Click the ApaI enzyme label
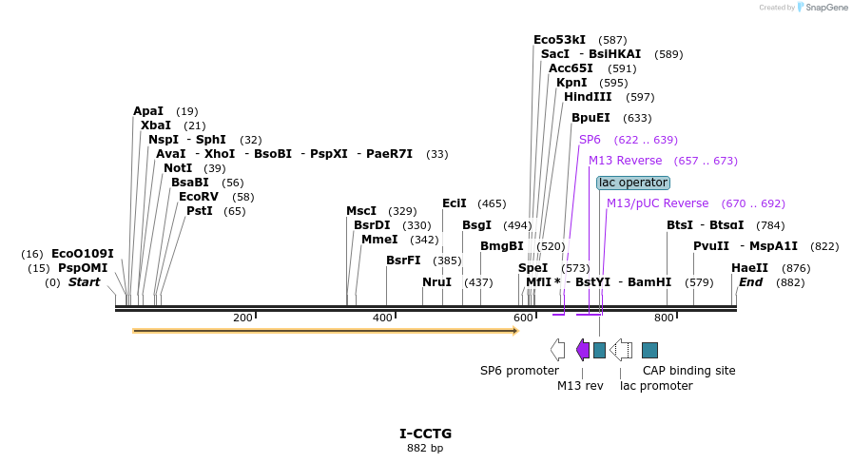pyautogui.click(x=147, y=111)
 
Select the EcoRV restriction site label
pyautogui.click(x=198, y=197)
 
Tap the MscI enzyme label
pyautogui.click(x=361, y=211)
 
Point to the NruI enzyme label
pyautogui.click(x=436, y=282)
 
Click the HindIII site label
pyautogui.click(x=588, y=97)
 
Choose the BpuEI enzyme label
pyautogui.click(x=591, y=118)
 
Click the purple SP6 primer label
pyautogui.click(x=590, y=140)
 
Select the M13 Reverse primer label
pyautogui.click(x=625, y=161)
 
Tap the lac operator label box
pyautogui.click(x=633, y=183)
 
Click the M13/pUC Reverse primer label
pyautogui.click(x=657, y=203)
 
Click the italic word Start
pyautogui.click(x=84, y=282)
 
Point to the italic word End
pyautogui.click(x=751, y=282)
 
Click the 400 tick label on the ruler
pyautogui.click(x=382, y=318)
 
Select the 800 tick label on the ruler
pyautogui.click(x=664, y=318)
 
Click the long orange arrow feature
pyautogui.click(x=324, y=331)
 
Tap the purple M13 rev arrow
pyautogui.click(x=583, y=350)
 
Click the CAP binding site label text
pyautogui.click(x=688, y=371)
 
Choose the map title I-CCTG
pyautogui.click(x=425, y=434)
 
